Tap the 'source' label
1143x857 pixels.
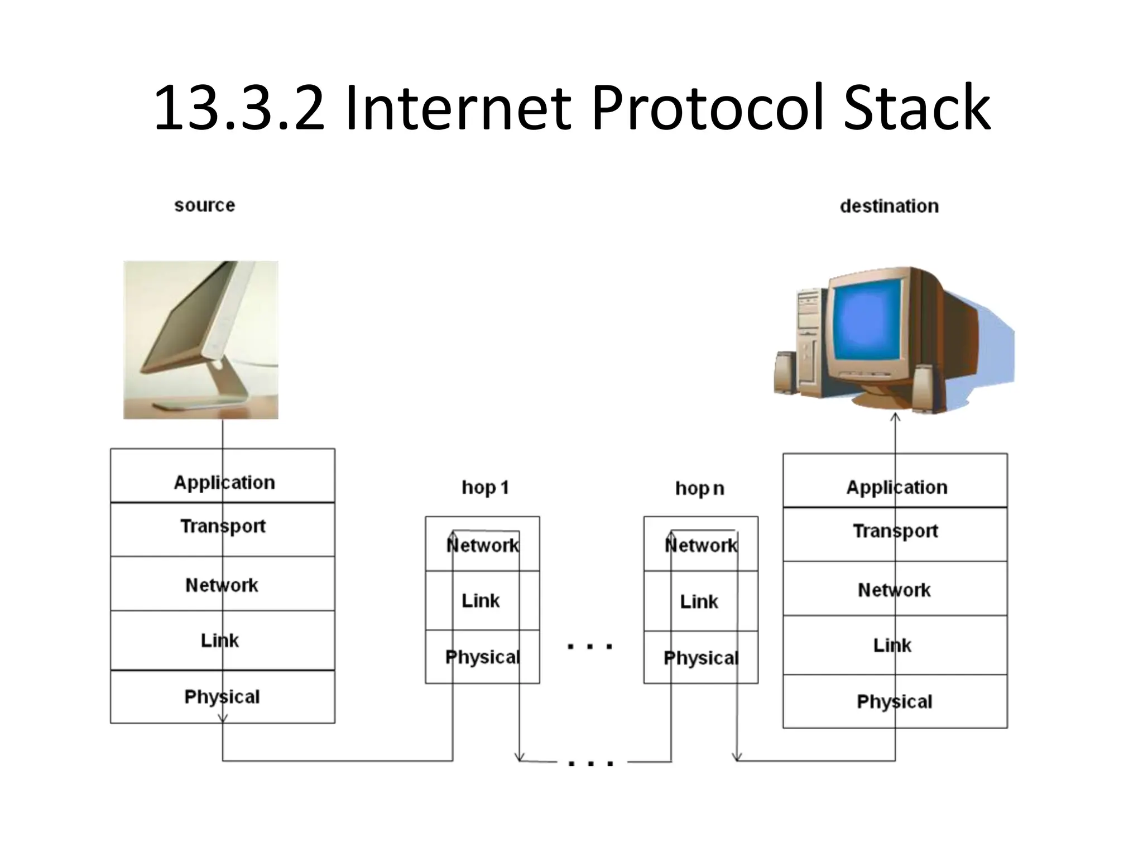click(x=204, y=205)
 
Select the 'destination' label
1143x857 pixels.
click(x=889, y=206)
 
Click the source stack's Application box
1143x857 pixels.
click(x=223, y=476)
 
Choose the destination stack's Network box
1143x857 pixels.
click(x=895, y=589)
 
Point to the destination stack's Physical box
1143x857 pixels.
click(x=895, y=701)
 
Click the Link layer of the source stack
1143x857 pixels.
click(x=223, y=640)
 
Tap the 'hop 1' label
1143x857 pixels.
click(x=485, y=488)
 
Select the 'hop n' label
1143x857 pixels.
click(x=699, y=488)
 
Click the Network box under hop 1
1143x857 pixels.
click(x=482, y=544)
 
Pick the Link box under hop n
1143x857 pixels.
click(x=700, y=601)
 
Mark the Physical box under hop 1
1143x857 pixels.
click(x=482, y=657)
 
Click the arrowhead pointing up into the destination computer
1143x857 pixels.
click(x=895, y=417)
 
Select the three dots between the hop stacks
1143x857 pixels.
click(x=590, y=647)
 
